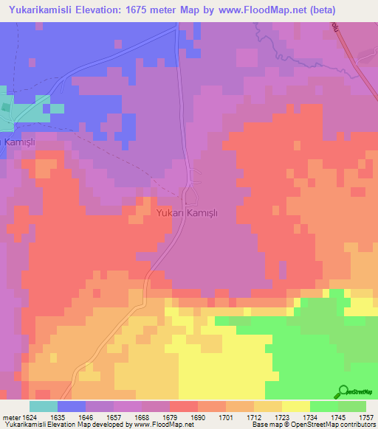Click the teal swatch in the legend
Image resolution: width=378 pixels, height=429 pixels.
[x=43, y=405]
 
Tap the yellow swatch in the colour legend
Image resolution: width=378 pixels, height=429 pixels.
[x=295, y=405]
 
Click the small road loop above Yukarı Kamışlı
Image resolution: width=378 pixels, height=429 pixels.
[x=195, y=176]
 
